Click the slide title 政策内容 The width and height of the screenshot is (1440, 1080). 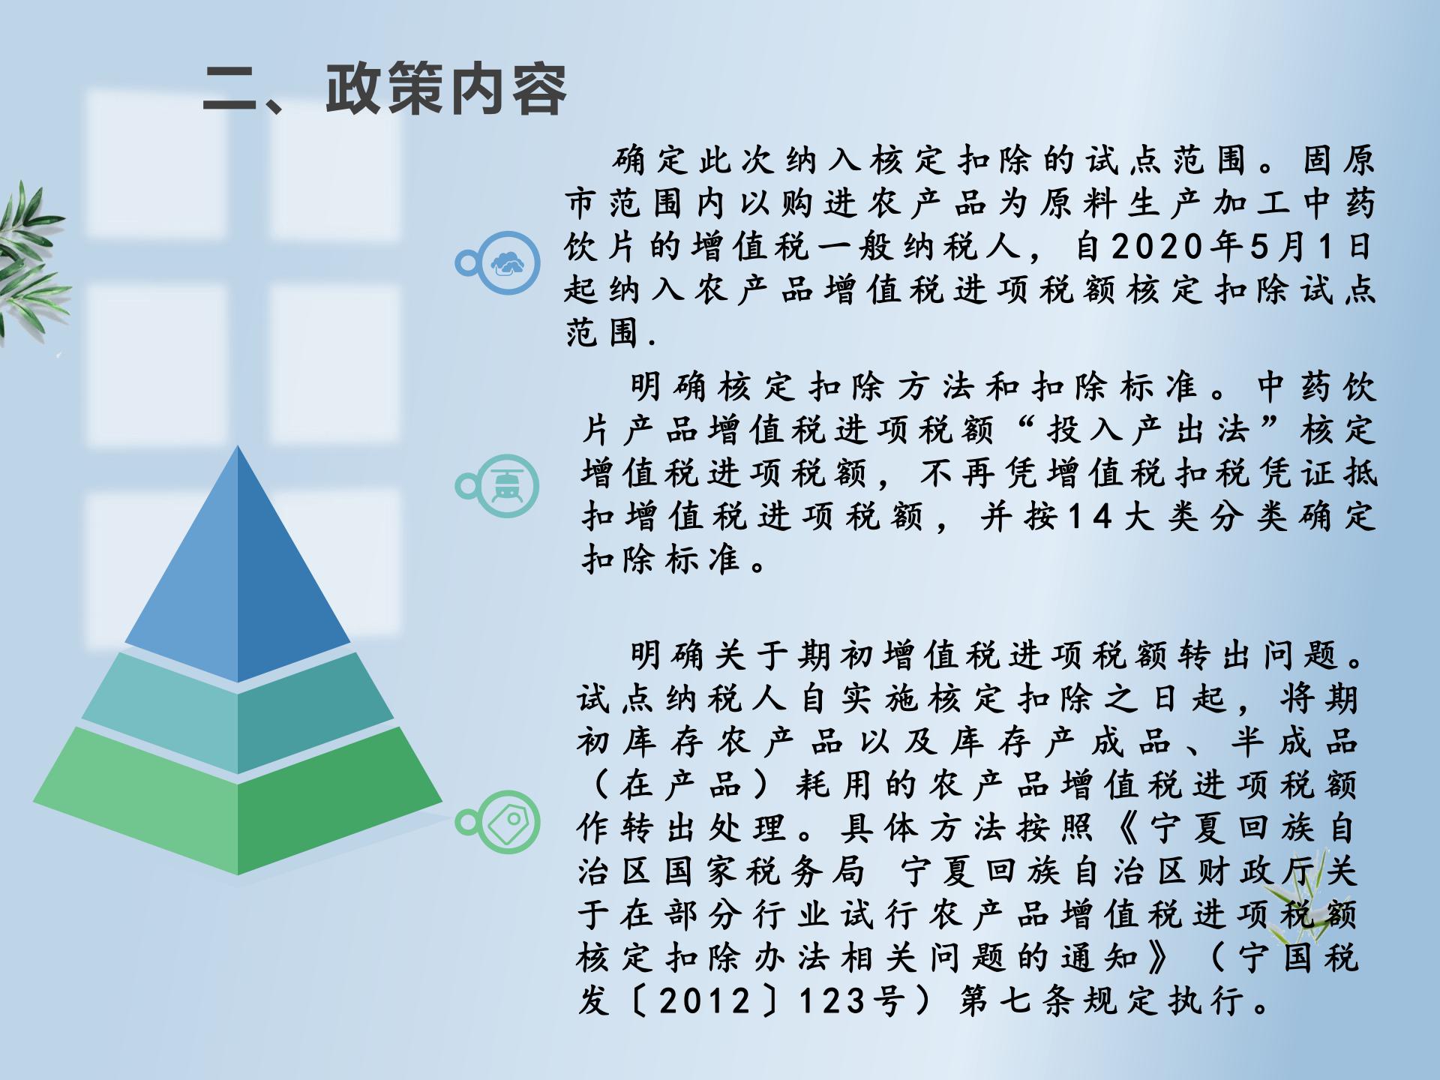click(x=446, y=90)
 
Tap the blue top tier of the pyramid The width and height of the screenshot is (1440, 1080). click(x=238, y=570)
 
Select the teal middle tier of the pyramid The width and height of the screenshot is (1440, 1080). click(x=238, y=712)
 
